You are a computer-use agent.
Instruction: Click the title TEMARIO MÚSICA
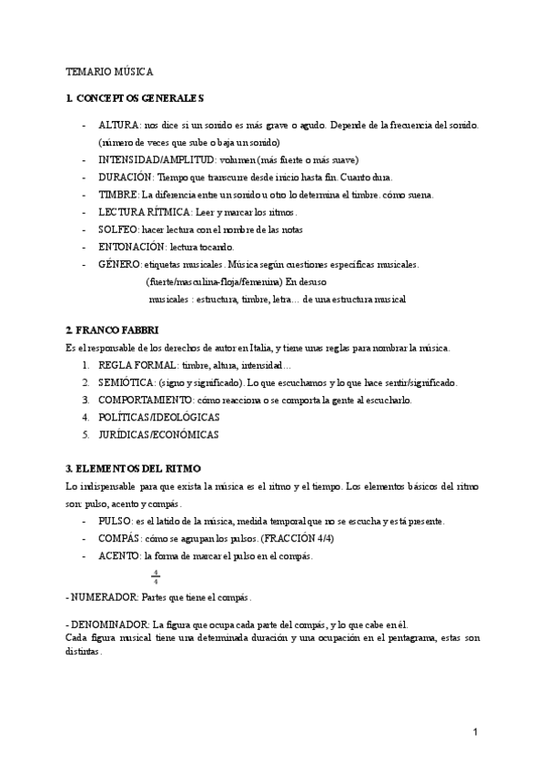tap(110, 70)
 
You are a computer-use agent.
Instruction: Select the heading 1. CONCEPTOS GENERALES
tap(135, 97)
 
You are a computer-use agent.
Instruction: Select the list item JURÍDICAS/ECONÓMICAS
tap(159, 434)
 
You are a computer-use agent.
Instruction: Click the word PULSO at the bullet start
tap(115, 522)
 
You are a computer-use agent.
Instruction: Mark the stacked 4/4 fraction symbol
tap(156, 576)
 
